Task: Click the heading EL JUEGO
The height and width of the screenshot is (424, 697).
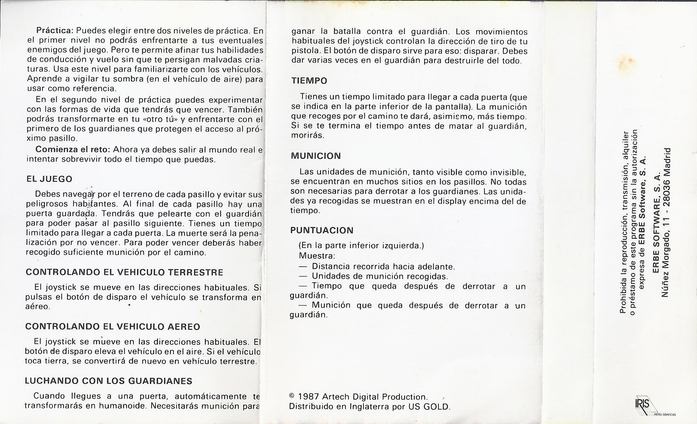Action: [x=49, y=179]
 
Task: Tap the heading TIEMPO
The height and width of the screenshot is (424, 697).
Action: [x=309, y=81]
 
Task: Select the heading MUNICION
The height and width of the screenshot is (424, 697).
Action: [x=316, y=156]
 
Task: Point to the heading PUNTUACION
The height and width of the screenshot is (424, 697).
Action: [x=321, y=231]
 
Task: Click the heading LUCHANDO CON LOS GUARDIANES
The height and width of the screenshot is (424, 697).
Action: [x=108, y=381]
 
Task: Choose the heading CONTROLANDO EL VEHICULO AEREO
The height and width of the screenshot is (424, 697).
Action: [x=113, y=327]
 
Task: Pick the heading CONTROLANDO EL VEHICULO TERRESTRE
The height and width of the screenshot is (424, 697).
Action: [x=124, y=272]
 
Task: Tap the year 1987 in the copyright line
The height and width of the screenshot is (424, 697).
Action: [x=309, y=397]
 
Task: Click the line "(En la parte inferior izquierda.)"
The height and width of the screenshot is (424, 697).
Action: [x=361, y=246]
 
